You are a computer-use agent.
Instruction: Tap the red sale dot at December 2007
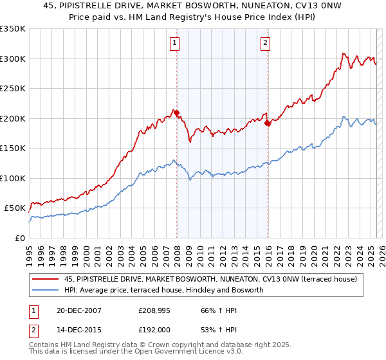(176, 112)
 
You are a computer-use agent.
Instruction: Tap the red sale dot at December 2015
(268, 123)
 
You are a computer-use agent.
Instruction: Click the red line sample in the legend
(45, 278)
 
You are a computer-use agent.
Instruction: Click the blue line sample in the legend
(45, 290)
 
